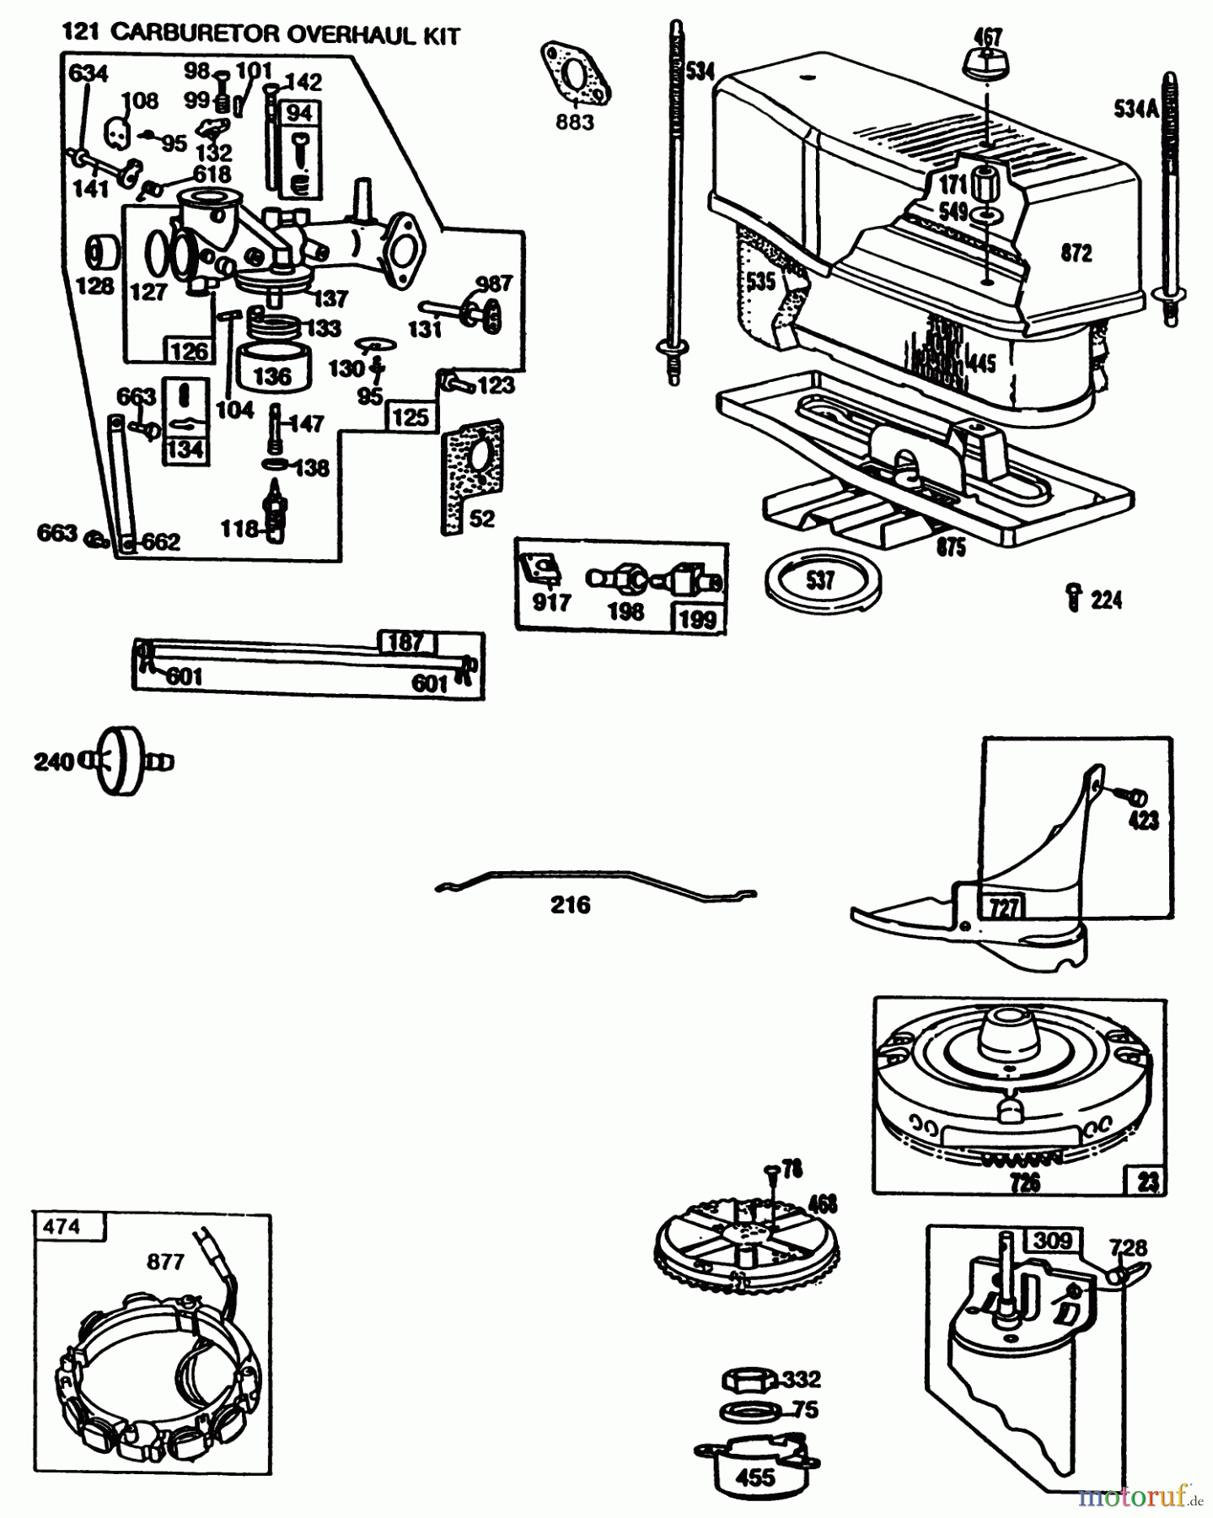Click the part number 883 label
coord(574,122)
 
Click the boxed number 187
coord(405,643)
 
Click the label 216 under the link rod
coord(571,906)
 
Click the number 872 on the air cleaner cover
coord(1076,253)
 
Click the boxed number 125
coord(411,417)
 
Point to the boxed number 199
coord(697,619)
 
